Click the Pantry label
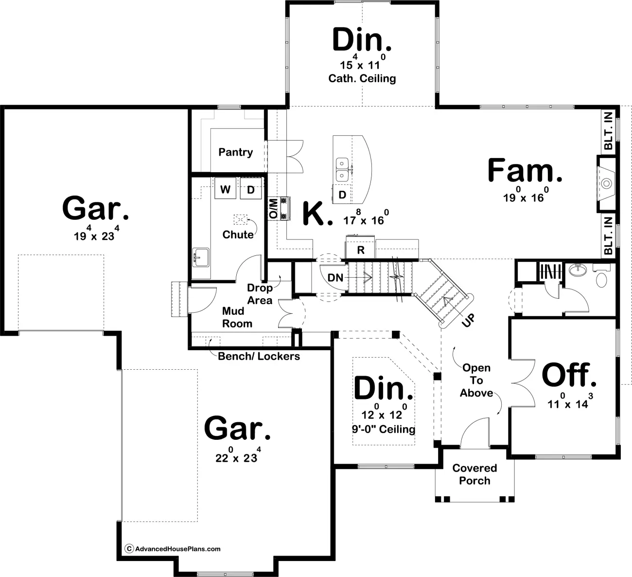236,152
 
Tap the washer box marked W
225,189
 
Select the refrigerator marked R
360,249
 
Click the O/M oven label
274,209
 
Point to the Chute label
238,234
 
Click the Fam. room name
525,171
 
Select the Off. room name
569,375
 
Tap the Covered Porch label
474,474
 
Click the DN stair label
335,277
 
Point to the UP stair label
468,320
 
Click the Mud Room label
237,317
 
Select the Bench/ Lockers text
259,356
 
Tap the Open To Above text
476,380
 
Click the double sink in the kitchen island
342,169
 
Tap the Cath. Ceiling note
362,78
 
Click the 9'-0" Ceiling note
384,429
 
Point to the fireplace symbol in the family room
606,183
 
